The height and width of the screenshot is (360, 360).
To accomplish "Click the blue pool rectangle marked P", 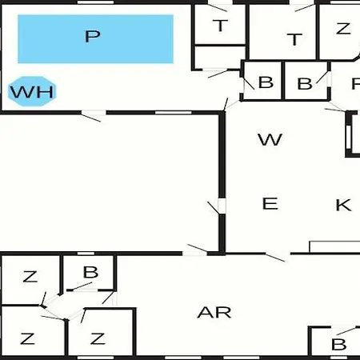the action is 95,39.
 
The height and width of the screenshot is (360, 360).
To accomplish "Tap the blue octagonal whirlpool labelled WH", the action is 32,91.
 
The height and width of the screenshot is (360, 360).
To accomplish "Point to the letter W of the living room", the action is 270,139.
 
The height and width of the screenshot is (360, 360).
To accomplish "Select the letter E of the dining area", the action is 270,203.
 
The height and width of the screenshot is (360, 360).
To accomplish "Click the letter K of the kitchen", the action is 343,205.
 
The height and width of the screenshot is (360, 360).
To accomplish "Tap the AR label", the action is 214,312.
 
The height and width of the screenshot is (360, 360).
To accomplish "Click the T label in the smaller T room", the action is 221,26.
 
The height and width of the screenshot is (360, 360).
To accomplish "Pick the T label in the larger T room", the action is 294,39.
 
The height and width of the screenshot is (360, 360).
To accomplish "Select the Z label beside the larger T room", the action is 343,28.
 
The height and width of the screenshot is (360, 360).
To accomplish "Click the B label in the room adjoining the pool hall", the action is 266,82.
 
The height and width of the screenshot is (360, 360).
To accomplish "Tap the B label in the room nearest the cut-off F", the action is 305,84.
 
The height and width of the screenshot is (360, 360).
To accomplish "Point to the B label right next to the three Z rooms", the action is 90,272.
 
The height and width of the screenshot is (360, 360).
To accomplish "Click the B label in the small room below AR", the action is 338,344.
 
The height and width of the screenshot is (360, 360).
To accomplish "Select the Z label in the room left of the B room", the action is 30,277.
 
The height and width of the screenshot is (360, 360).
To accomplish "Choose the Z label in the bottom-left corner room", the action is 27,338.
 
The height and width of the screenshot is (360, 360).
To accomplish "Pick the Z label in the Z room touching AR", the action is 98,339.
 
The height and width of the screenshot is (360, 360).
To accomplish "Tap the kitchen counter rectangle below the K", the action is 334,246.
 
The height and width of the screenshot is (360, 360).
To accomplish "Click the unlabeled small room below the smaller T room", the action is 220,58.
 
